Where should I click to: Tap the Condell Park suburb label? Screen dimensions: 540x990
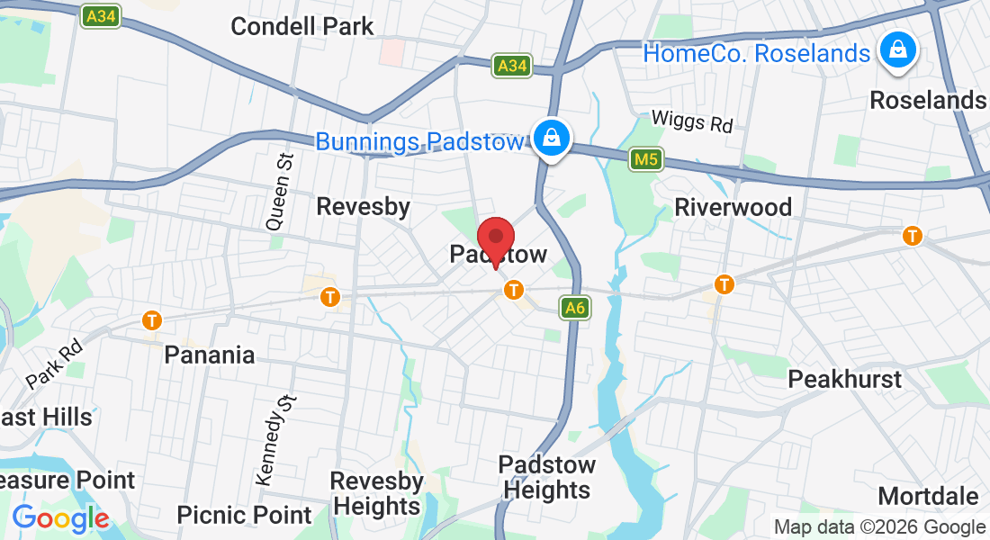point(301,26)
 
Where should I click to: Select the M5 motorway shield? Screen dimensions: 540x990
point(646,159)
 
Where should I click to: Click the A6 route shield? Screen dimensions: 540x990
point(575,309)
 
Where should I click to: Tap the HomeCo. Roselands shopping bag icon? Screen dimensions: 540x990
point(897,50)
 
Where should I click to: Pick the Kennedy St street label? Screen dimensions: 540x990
point(274,440)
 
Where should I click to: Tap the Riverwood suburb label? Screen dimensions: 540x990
point(733,207)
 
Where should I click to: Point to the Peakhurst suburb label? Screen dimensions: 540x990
point(844,379)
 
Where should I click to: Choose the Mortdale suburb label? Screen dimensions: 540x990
point(928,496)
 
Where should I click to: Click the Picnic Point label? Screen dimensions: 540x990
point(244,515)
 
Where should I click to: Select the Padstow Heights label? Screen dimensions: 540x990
point(546,477)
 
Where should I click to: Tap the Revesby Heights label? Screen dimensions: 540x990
point(376,493)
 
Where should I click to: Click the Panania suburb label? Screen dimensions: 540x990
point(210,355)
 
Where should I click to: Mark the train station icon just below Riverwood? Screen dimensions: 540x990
point(724,285)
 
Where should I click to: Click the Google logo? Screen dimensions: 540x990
point(60,518)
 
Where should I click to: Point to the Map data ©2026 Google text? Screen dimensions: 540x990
point(879,527)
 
